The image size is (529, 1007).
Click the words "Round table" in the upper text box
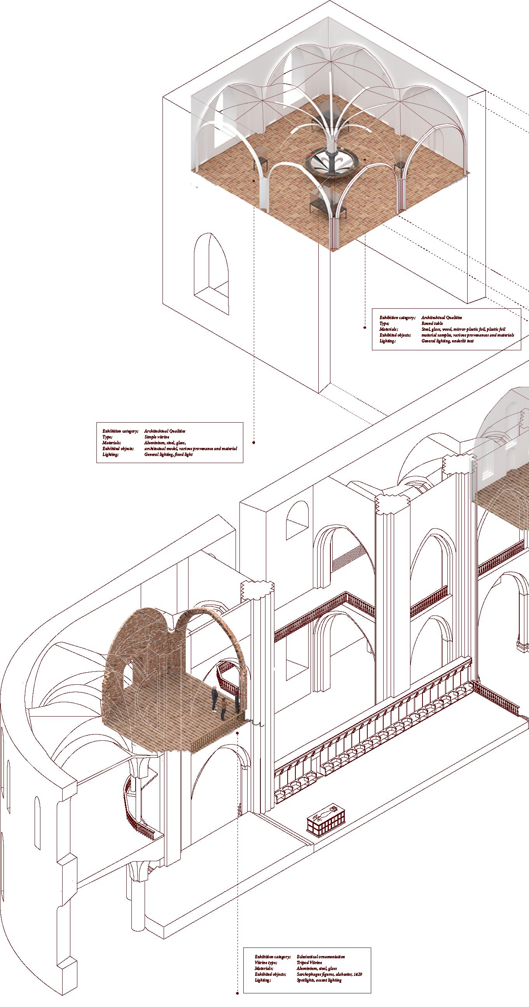[432, 323]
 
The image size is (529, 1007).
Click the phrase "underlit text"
[465, 341]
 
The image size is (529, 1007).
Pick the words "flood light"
[183, 454]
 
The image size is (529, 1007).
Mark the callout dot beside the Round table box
[365, 328]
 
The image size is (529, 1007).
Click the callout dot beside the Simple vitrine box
[253, 442]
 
